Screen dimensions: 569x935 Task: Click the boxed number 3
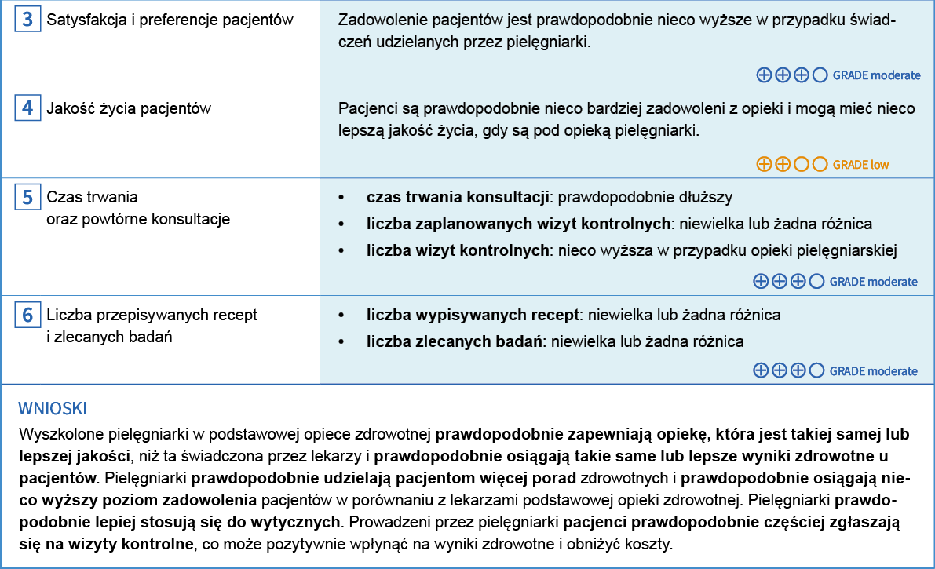27,20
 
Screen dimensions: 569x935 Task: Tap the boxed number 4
27,108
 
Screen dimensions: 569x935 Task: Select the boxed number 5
27,197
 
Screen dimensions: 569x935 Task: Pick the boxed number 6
27,316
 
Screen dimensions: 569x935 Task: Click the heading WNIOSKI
53,408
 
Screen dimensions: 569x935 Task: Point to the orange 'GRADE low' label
860,165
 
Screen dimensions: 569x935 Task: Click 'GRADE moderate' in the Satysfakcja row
876,75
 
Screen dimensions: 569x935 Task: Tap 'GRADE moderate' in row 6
873,370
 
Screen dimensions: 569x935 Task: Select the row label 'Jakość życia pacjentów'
129,108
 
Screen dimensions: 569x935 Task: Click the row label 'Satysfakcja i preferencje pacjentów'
170,20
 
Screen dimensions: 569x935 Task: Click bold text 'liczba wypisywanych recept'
472,315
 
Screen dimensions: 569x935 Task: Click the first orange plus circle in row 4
763,165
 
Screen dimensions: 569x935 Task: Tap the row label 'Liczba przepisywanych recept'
152,315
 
